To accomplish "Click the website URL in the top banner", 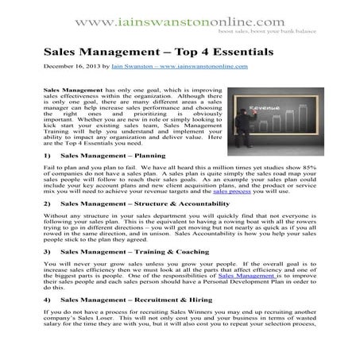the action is click(179, 15).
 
